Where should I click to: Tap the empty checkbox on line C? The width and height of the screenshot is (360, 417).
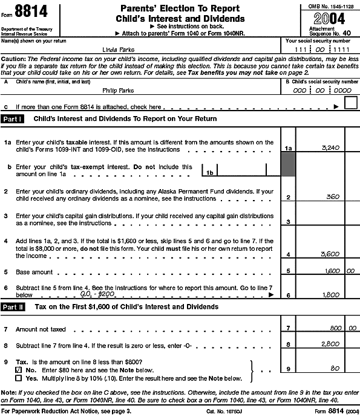350,103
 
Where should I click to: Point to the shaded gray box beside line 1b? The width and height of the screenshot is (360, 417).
288,165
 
